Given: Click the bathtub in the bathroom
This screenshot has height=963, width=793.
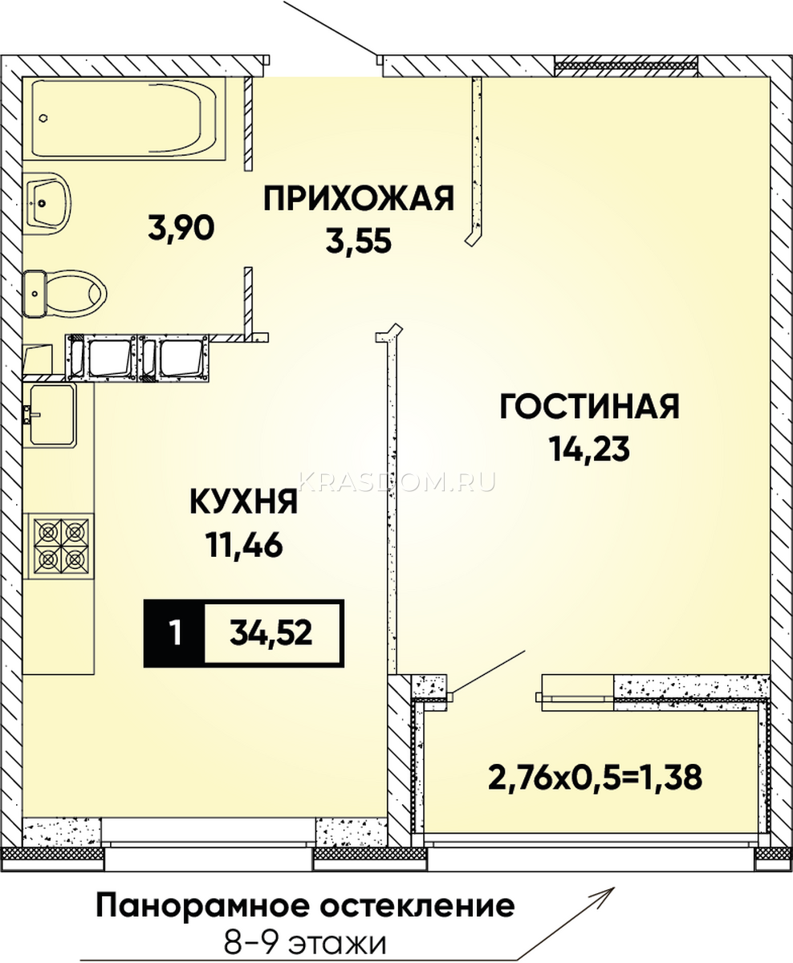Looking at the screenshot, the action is [124, 118].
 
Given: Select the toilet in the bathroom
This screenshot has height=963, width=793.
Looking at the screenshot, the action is [65, 294].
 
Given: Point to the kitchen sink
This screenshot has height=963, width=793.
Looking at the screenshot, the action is [50, 415].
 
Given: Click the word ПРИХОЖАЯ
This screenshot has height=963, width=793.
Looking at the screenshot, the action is [359, 198].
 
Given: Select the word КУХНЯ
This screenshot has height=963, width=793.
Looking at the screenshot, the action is [243, 502].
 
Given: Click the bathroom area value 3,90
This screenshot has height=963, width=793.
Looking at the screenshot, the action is [181, 228].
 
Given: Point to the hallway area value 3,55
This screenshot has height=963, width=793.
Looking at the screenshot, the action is [359, 241].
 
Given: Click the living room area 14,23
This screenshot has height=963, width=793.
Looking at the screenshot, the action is [590, 449].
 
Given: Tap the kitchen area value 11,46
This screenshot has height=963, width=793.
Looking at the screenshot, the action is [244, 545].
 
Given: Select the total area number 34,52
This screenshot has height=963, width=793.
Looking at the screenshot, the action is [270, 633].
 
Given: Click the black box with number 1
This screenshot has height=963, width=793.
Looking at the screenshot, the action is [174, 633].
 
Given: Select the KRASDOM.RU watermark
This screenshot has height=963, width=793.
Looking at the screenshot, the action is [396, 481].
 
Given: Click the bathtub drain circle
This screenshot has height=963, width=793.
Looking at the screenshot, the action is [43, 117].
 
